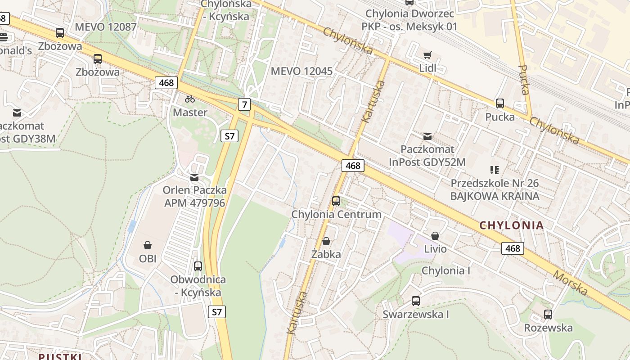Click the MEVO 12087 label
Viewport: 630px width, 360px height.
(105, 27)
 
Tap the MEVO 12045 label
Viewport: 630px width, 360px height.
(301, 71)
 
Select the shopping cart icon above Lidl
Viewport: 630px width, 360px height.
(427, 55)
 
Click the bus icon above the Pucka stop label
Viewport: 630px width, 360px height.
(499, 103)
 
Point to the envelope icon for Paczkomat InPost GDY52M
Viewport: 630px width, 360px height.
(427, 135)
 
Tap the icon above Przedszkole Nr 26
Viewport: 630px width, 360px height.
(495, 170)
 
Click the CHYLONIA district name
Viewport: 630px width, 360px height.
(512, 225)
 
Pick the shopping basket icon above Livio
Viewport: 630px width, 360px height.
(435, 236)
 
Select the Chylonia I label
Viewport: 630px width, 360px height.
(445, 270)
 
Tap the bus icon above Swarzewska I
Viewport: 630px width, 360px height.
(416, 301)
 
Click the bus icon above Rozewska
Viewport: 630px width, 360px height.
(548, 314)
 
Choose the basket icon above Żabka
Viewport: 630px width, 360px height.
(326, 242)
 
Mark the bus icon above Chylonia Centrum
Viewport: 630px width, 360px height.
(336, 201)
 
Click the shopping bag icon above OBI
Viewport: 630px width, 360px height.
(147, 245)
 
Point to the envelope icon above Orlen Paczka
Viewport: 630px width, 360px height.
(194, 177)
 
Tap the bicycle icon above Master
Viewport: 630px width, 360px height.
(190, 99)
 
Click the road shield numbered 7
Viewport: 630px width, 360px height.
(244, 105)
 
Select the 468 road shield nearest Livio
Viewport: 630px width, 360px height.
(513, 248)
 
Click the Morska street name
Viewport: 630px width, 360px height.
(571, 283)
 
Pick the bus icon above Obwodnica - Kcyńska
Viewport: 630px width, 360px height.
(198, 266)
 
